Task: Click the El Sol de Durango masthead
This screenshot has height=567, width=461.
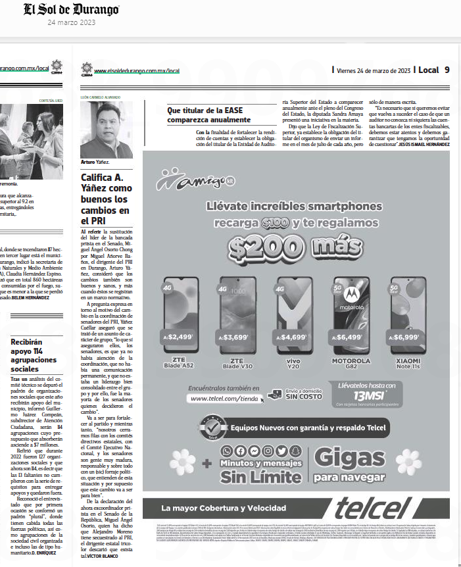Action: coord(72,10)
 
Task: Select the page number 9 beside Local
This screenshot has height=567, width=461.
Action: coord(447,70)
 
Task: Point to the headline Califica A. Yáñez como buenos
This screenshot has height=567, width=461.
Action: coord(107,197)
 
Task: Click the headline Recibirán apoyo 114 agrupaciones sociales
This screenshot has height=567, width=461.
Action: coord(35,355)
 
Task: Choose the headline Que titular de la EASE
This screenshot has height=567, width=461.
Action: coord(209,116)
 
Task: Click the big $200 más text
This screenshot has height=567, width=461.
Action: coord(291,247)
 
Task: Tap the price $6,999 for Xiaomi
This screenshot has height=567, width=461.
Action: coord(407,337)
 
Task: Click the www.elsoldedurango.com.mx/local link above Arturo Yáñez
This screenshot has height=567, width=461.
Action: coord(137,70)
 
